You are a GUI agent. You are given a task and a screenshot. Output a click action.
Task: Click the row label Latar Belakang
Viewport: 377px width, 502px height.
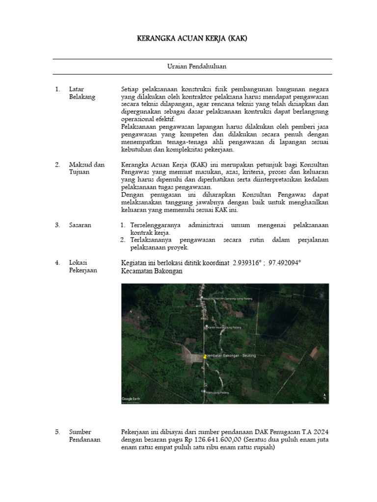tap(82, 93)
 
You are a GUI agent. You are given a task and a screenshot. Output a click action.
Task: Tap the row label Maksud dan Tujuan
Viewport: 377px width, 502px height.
tap(86, 169)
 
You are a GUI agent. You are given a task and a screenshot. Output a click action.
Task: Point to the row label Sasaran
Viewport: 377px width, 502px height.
tap(80, 225)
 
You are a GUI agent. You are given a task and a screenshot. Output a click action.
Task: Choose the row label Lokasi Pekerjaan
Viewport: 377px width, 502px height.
tap(82, 267)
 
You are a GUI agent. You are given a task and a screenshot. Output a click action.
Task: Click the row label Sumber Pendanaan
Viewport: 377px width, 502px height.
tap(84, 435)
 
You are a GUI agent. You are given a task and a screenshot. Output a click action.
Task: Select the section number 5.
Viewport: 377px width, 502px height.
tap(57, 432)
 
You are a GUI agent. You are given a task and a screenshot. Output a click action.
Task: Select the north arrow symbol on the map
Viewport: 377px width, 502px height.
tap(324, 397)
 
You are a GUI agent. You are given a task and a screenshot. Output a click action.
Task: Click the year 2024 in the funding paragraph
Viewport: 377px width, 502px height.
tap(320, 432)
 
